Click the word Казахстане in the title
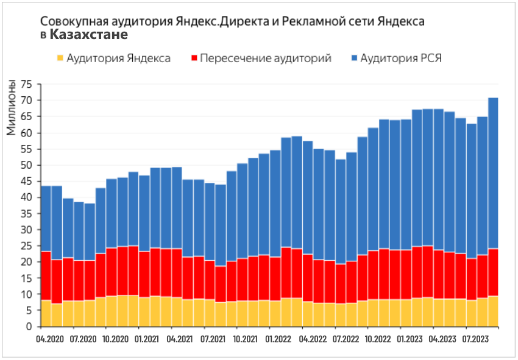[89, 35]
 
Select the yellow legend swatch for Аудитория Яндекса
[60, 58]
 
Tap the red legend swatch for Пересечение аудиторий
[195, 58]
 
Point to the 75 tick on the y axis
[26, 84]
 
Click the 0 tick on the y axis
[29, 326]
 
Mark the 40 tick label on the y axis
[26, 197]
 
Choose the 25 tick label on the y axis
[26, 246]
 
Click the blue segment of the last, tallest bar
[494, 171]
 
